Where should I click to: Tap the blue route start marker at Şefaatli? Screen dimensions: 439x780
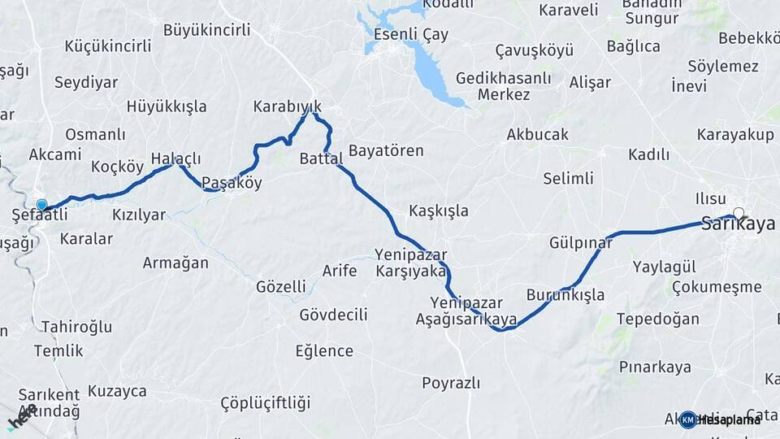pyautogui.click(x=41, y=206)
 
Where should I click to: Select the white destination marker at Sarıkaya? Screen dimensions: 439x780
pyautogui.click(x=738, y=214)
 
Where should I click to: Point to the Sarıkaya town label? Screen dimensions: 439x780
pyautogui.click(x=738, y=225)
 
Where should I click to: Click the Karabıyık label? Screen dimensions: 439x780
pyautogui.click(x=288, y=106)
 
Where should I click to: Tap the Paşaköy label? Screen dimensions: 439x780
pyautogui.click(x=232, y=183)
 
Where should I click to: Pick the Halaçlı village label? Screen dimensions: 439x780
pyautogui.click(x=175, y=159)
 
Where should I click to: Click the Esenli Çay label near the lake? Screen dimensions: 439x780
pyautogui.click(x=411, y=35)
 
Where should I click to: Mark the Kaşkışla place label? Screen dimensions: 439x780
pyautogui.click(x=439, y=211)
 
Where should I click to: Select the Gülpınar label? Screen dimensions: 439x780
pyautogui.click(x=580, y=243)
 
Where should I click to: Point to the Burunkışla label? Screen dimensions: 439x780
pyautogui.click(x=565, y=294)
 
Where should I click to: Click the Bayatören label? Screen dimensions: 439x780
pyautogui.click(x=386, y=150)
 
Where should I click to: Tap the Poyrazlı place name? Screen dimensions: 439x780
pyautogui.click(x=451, y=382)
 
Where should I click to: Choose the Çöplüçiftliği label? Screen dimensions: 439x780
pyautogui.click(x=266, y=403)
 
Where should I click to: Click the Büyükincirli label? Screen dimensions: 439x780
pyautogui.click(x=206, y=30)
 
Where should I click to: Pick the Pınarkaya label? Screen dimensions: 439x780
pyautogui.click(x=655, y=367)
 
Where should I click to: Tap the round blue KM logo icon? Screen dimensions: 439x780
pyautogui.click(x=687, y=419)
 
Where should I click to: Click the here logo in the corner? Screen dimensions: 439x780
pyautogui.click(x=21, y=417)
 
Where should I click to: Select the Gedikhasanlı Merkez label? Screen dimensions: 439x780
pyautogui.click(x=503, y=86)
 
